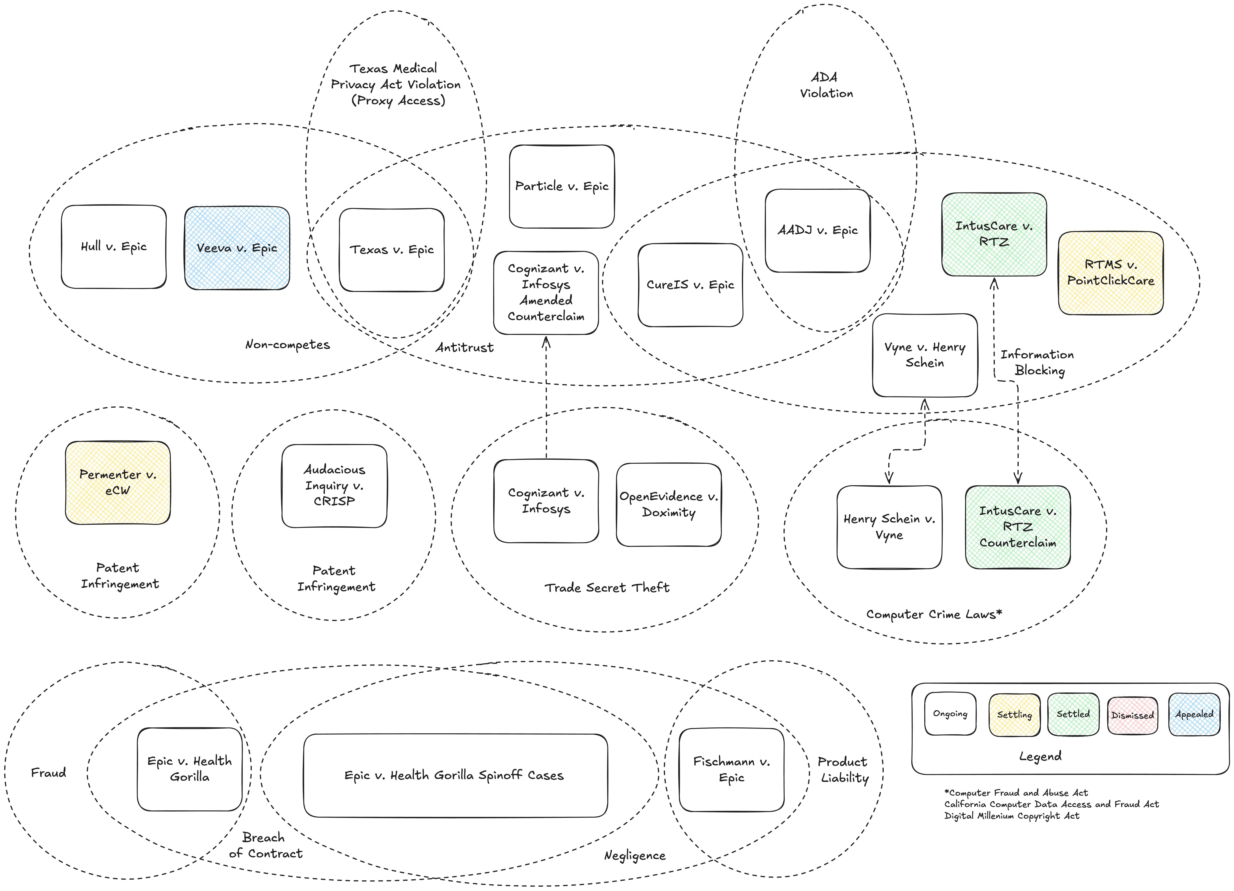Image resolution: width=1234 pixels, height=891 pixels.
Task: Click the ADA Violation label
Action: coord(826,85)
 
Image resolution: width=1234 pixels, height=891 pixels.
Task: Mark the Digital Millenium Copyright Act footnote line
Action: coord(1012,816)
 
